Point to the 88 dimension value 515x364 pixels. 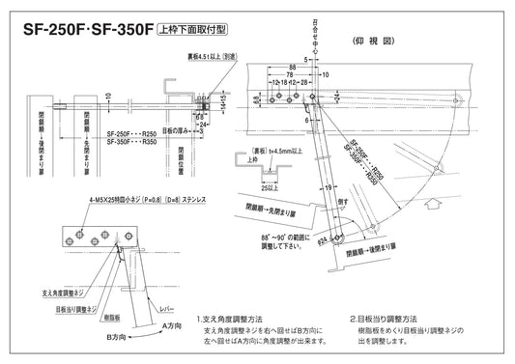click(292, 68)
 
